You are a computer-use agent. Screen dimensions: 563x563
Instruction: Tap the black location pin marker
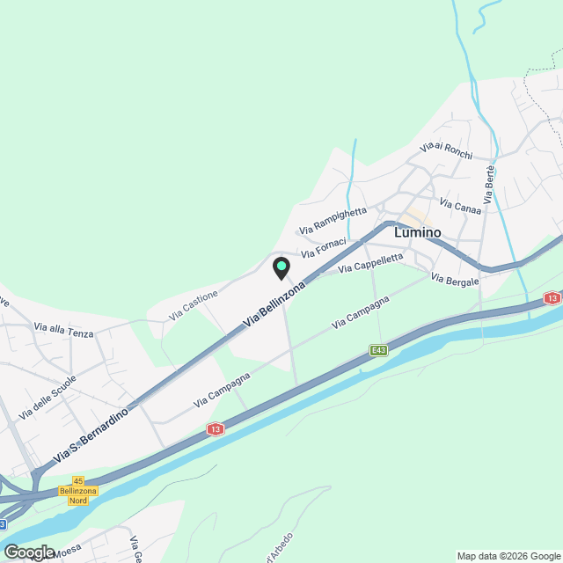(x=281, y=267)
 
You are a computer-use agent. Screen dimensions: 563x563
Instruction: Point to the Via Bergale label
(x=455, y=280)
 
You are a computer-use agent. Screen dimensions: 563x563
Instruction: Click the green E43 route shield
(x=379, y=350)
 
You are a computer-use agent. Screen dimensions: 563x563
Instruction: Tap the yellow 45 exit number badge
(x=78, y=480)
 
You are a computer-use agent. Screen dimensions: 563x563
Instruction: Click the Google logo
(x=29, y=552)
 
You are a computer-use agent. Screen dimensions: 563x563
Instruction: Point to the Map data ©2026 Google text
(x=508, y=556)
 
